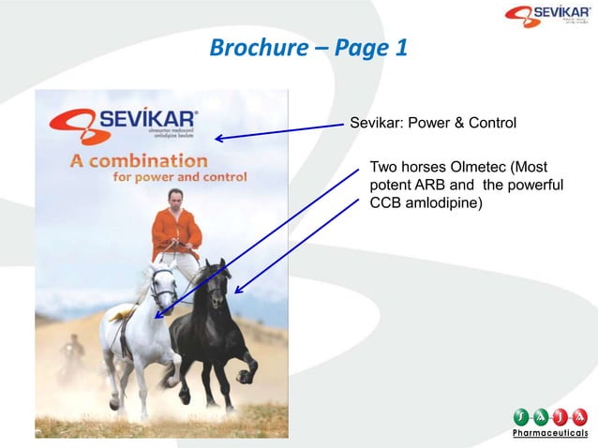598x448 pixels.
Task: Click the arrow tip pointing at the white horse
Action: tap(158, 317)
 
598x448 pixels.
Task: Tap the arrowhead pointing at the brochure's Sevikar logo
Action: tap(217, 140)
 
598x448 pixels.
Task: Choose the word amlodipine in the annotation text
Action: tap(440, 202)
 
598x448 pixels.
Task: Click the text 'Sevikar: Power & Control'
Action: tap(432, 123)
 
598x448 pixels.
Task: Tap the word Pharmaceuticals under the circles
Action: tap(550, 434)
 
